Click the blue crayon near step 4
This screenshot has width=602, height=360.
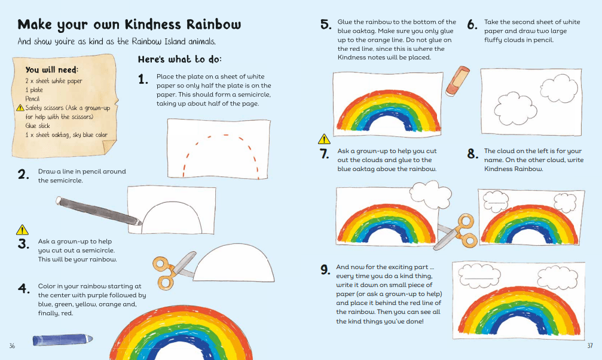[x=63, y=340]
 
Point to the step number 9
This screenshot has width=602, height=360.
[x=325, y=269]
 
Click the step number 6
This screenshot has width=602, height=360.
[x=472, y=25]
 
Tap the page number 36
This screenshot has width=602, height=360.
[x=12, y=346]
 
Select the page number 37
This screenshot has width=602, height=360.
[x=590, y=346]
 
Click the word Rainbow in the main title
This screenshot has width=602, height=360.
[x=214, y=24]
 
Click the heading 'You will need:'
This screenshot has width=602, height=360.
[x=52, y=69]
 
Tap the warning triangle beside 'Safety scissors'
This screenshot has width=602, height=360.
[x=20, y=108]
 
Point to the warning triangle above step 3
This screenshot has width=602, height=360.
[x=22, y=230]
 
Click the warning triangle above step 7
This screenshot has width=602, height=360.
[x=324, y=139]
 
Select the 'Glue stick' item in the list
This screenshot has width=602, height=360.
[x=38, y=126]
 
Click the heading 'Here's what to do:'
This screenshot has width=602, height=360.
[x=180, y=59]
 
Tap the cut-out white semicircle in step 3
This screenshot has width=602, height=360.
[x=234, y=265]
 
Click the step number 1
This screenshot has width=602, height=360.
[x=143, y=79]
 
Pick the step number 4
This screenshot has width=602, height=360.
[x=23, y=288]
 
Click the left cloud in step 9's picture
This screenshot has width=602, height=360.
[x=479, y=276]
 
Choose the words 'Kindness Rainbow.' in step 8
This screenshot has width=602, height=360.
[x=514, y=169]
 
